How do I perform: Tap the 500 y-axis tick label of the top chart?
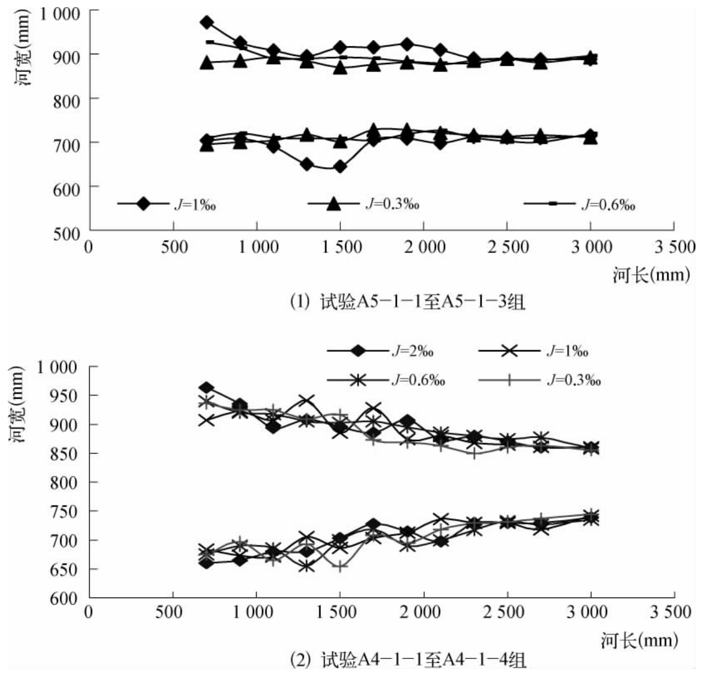(66, 232)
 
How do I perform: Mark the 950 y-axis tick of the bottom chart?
(66, 396)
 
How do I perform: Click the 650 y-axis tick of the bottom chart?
(66, 569)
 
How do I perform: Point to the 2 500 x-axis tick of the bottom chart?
(506, 612)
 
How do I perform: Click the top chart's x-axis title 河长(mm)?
(651, 274)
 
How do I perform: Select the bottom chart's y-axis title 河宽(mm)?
(17, 405)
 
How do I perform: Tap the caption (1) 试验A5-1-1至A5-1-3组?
(408, 302)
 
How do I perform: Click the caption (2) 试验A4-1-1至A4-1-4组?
(408, 660)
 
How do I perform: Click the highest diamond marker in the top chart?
(207, 23)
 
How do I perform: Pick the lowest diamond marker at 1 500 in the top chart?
(340, 167)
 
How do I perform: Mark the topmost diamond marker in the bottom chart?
(207, 387)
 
